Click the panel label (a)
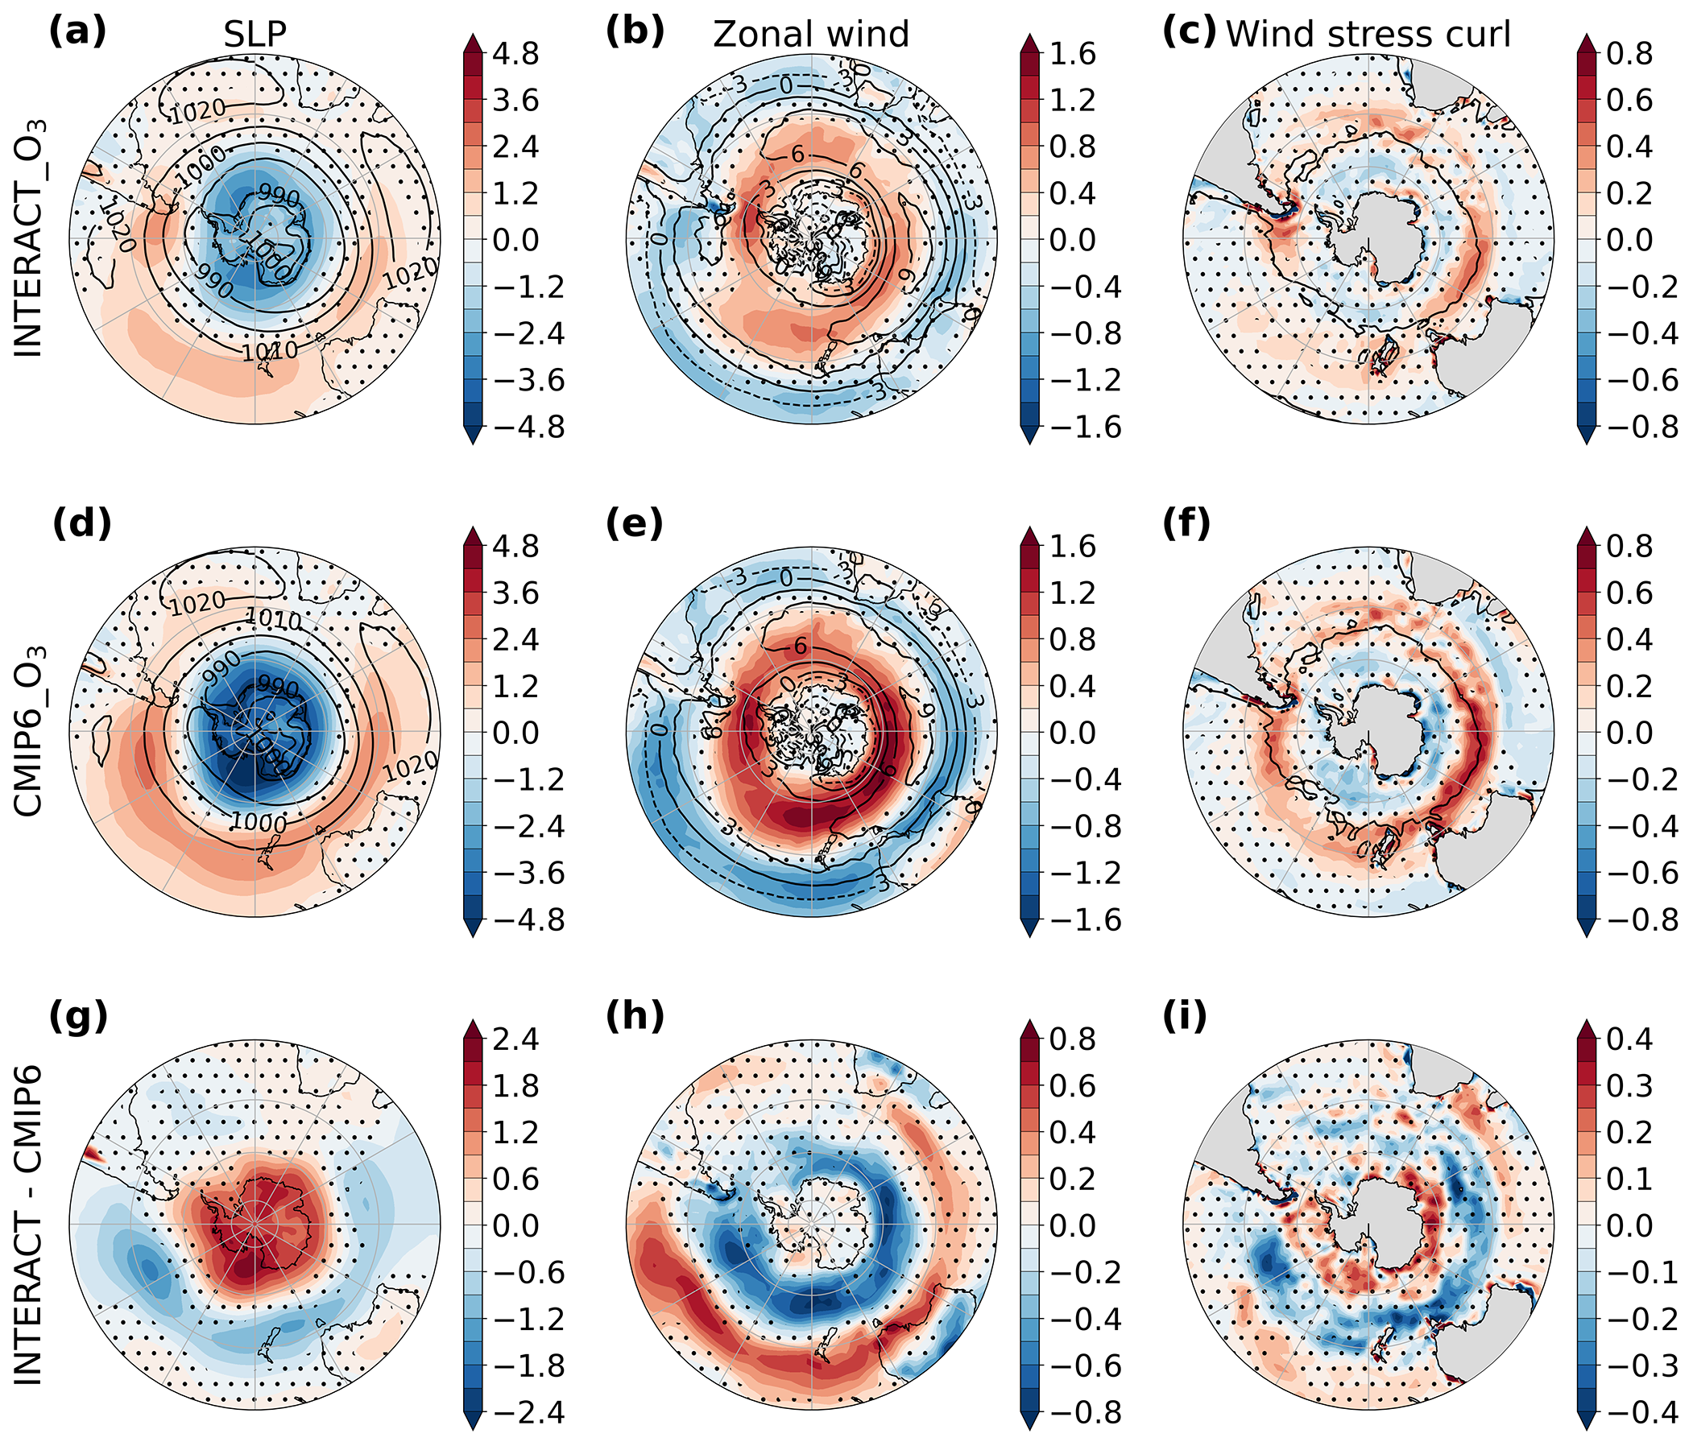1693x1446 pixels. click(x=77, y=34)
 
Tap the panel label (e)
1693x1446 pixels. click(x=635, y=525)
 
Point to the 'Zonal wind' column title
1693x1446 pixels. click(x=810, y=35)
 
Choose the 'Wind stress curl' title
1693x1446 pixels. click(x=1368, y=35)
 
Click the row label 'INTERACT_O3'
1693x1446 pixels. click(x=30, y=238)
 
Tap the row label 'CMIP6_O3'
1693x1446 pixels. click(x=30, y=730)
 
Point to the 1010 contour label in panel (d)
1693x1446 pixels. click(x=273, y=621)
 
